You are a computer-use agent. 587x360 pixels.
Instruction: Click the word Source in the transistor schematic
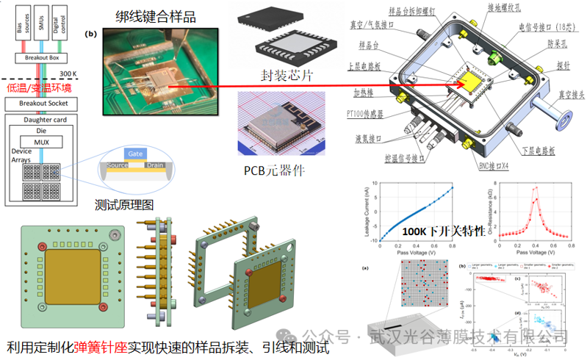[118, 167]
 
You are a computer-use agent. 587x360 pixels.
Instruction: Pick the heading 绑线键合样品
[156, 15]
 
